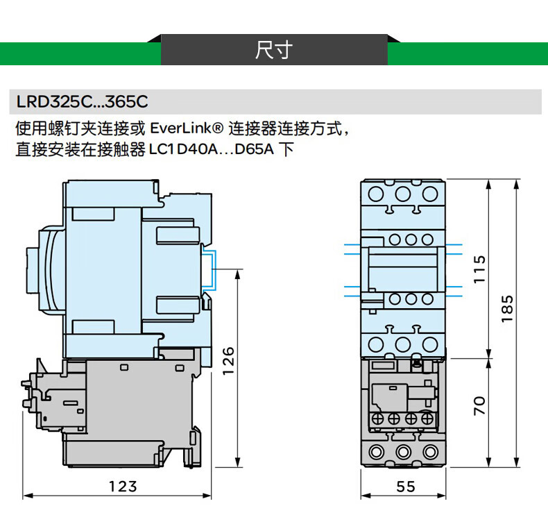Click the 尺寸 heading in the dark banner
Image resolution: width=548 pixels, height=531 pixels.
click(x=273, y=50)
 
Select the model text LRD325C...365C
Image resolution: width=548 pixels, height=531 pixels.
click(x=82, y=102)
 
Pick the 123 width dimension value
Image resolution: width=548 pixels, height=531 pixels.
click(x=123, y=487)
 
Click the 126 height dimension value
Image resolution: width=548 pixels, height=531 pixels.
click(x=228, y=361)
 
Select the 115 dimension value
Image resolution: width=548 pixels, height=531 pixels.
click(x=479, y=269)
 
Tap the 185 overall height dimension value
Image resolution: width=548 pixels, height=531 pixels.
click(x=508, y=308)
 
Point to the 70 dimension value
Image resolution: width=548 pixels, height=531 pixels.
click(x=479, y=405)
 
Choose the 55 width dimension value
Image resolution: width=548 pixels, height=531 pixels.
click(x=406, y=487)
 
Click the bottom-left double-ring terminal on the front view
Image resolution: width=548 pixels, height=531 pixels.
click(x=377, y=453)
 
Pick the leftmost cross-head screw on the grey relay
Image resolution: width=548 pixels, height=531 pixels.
click(x=377, y=419)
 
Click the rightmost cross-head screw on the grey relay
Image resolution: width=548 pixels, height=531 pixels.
click(x=427, y=419)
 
